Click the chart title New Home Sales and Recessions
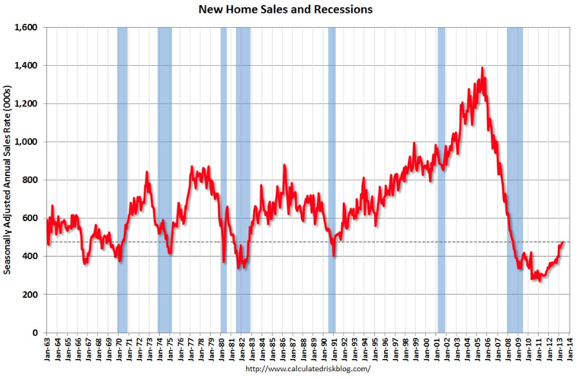pos(285,10)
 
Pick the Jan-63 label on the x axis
pos(47,348)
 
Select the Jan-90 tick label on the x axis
pos(323,348)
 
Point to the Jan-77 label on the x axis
pos(191,348)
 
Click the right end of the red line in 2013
pos(563,242)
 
